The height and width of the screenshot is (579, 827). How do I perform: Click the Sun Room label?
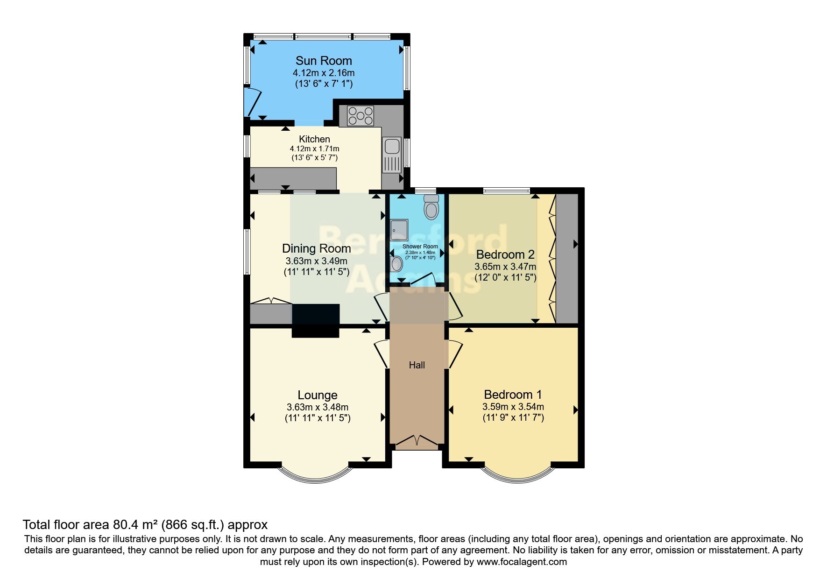coord(324,61)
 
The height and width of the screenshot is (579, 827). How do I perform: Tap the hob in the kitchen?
coord(360,115)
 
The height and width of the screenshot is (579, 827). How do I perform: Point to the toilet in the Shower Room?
coord(431,206)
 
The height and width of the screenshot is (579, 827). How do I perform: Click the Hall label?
coord(417,365)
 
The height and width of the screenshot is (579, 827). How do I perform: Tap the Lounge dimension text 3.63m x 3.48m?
coord(318,407)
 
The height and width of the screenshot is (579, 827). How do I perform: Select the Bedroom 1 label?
coord(513,395)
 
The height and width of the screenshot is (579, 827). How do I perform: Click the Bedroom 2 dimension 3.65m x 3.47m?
coord(505,267)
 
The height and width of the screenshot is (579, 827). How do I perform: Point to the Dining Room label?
coord(317,248)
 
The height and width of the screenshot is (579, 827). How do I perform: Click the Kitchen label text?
coord(314,139)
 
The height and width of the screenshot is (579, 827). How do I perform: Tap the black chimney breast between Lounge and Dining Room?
coord(316,320)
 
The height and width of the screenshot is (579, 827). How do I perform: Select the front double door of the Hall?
coord(417,441)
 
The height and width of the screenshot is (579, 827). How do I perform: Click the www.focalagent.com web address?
coord(522,562)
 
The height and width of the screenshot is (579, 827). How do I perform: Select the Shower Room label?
coord(420,247)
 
